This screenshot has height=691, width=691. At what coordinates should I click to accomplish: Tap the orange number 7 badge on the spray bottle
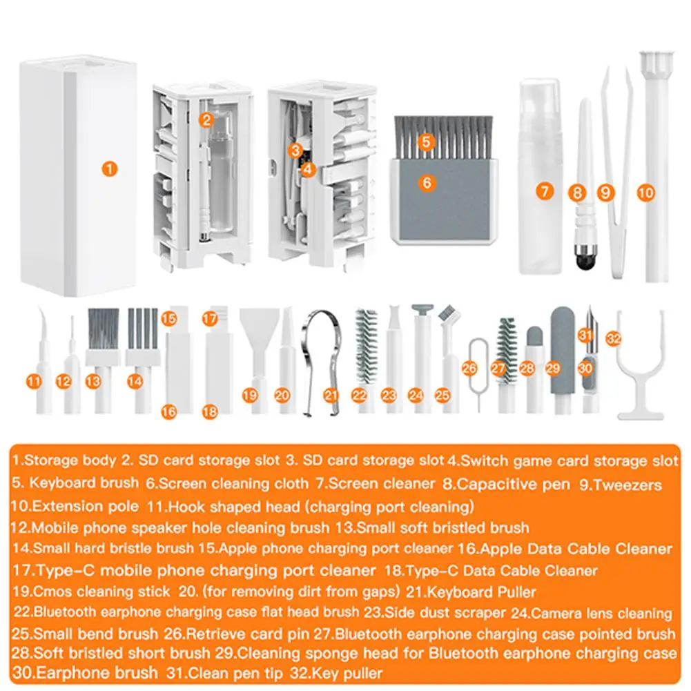point(545,191)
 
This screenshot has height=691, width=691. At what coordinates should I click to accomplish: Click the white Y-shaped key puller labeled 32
point(640,376)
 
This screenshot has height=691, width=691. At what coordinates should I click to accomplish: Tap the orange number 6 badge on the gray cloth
point(427,183)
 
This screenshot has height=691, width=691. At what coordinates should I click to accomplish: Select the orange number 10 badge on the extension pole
point(645,194)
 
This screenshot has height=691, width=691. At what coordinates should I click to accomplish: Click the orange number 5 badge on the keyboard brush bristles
point(426,142)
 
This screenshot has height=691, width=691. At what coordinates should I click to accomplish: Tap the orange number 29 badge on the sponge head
point(552,369)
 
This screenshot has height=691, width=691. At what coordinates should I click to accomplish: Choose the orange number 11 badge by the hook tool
point(34,380)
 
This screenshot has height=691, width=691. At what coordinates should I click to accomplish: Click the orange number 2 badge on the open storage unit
point(206,119)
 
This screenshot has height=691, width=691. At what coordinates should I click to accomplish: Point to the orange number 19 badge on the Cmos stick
point(250,395)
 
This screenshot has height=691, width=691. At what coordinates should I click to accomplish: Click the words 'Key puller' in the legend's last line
point(353,672)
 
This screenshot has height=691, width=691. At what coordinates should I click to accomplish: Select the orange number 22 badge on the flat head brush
point(358,395)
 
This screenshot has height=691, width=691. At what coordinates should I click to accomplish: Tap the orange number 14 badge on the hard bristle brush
point(135,380)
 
